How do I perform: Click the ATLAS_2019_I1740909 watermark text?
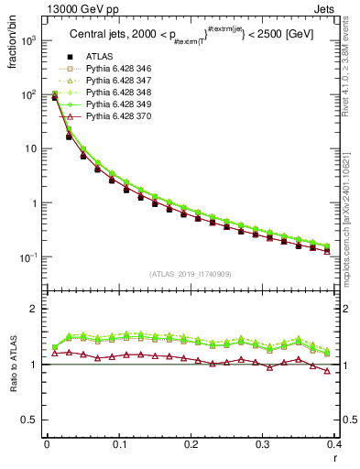[190, 273]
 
